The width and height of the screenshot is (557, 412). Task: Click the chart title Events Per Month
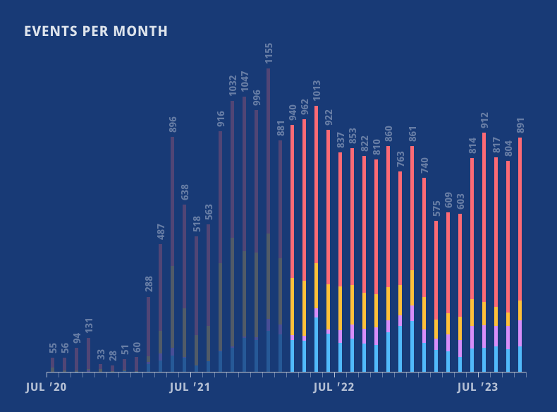(x=96, y=32)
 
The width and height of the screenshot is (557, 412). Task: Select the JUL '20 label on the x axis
(x=47, y=387)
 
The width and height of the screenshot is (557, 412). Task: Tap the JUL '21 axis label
(x=190, y=387)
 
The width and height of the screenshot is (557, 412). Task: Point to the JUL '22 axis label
(x=333, y=387)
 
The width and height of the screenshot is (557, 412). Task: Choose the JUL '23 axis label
(x=477, y=387)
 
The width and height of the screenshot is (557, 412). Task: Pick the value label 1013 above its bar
(x=317, y=92)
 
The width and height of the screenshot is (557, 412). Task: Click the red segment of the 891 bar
(x=520, y=219)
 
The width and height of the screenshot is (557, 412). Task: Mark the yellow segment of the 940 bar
(x=293, y=307)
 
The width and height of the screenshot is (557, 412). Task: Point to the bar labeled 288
(x=148, y=332)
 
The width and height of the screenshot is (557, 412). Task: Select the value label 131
(x=89, y=324)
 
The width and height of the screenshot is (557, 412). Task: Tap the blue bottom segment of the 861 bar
(x=412, y=346)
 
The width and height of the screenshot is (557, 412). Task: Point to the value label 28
(x=113, y=356)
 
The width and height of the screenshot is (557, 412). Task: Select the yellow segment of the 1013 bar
(x=317, y=286)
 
